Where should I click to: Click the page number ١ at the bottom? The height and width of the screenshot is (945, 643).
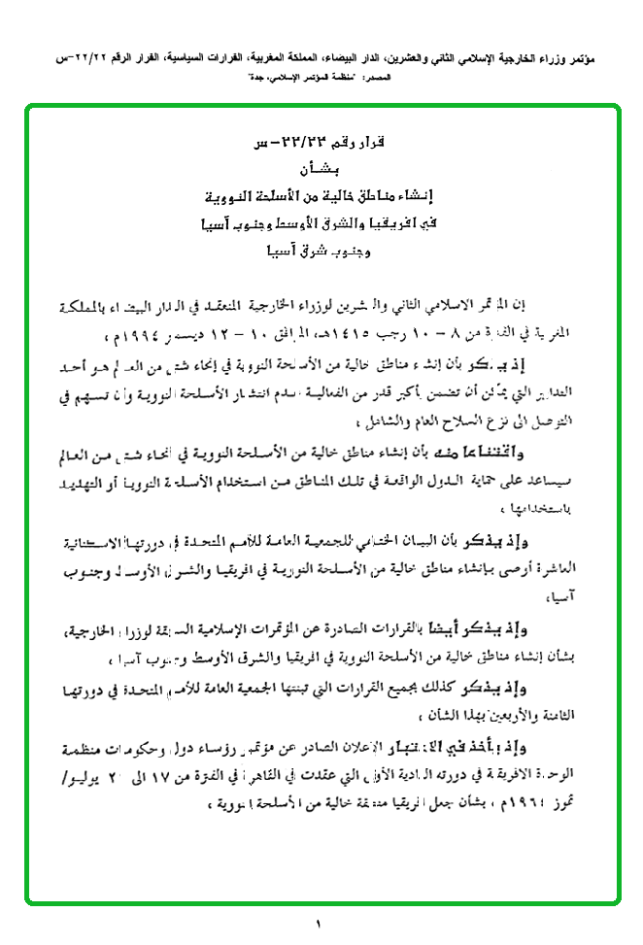(318, 923)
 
